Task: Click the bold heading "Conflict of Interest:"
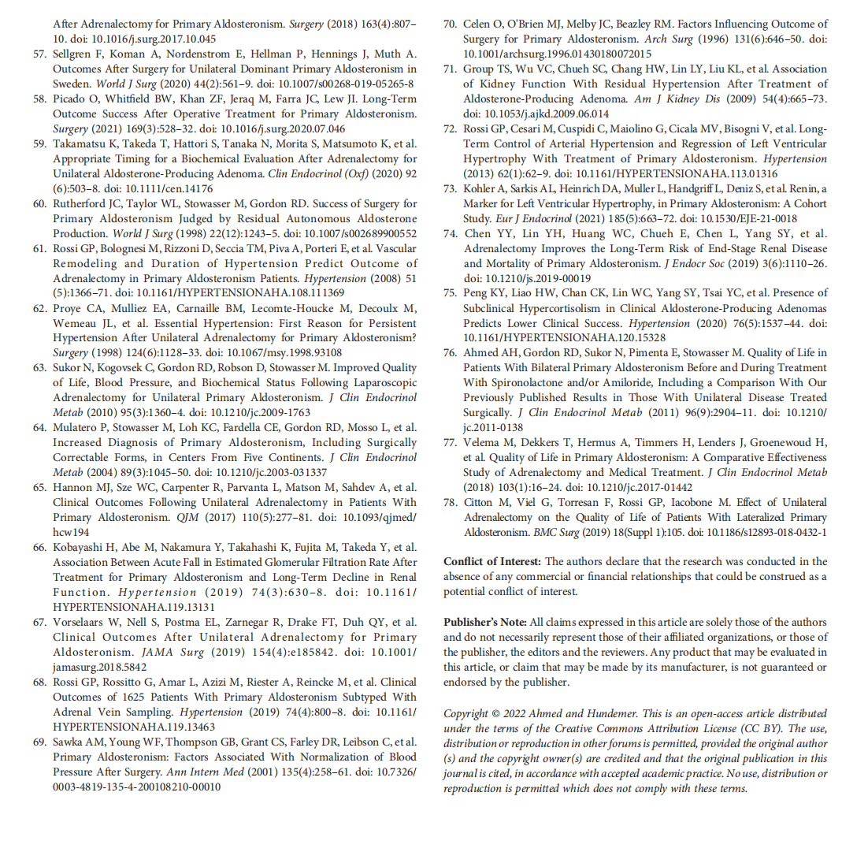(492, 562)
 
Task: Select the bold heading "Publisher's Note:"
(485, 623)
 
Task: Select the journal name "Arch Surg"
(669, 39)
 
